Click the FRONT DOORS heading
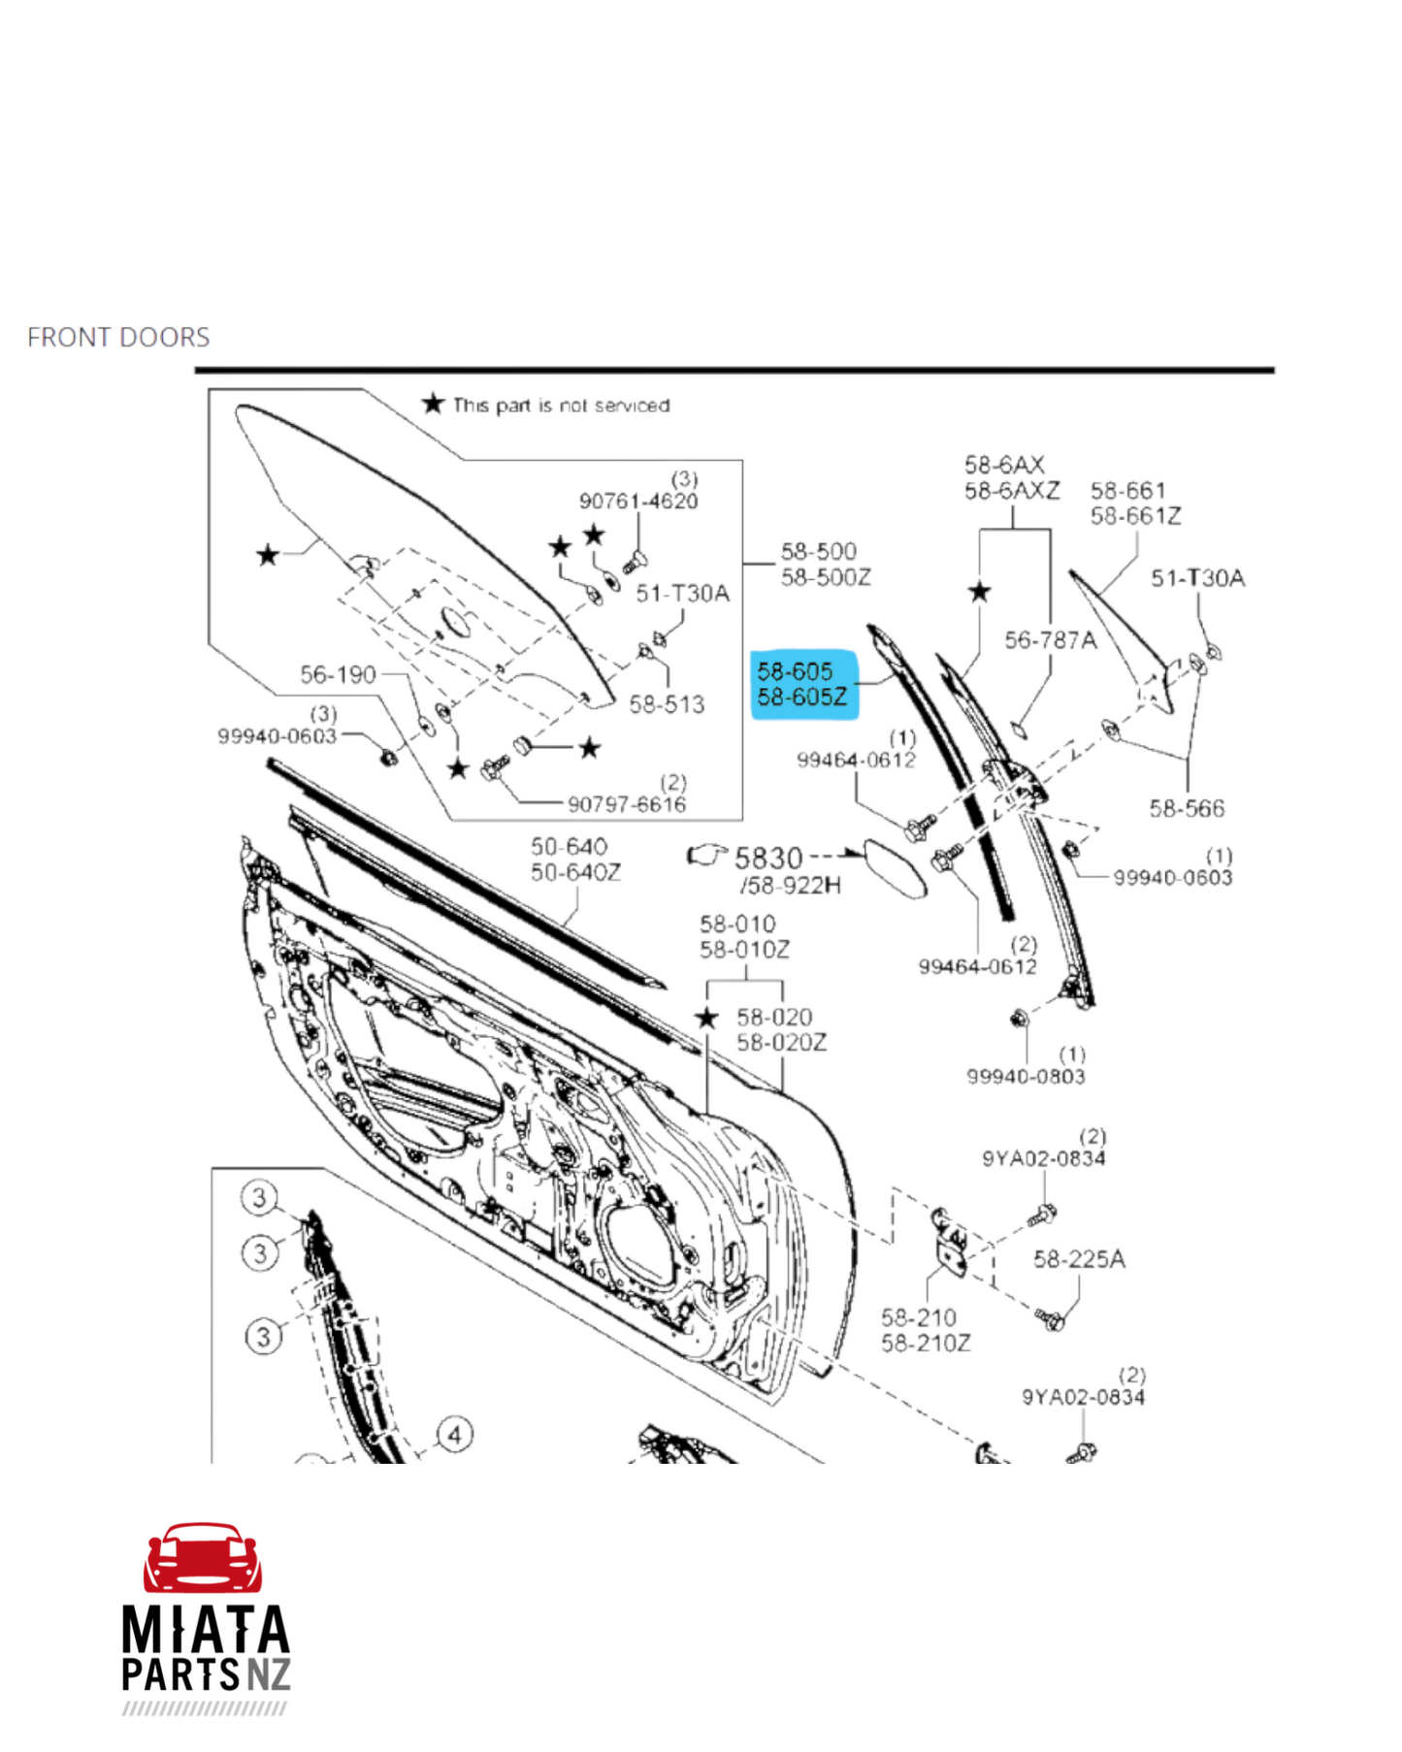click(x=118, y=337)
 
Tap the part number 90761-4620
click(x=638, y=501)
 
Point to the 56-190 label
click(x=338, y=674)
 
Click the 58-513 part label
click(x=667, y=704)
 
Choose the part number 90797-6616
click(x=627, y=804)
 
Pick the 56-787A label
click(x=1050, y=640)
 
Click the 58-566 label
click(x=1187, y=808)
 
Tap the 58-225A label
click(x=1079, y=1259)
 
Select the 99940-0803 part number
click(x=1026, y=1076)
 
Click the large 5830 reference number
click(x=768, y=859)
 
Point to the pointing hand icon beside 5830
click(x=706, y=855)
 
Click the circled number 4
click(x=455, y=1434)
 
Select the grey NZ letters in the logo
click(x=268, y=1675)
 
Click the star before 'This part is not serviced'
click(x=433, y=404)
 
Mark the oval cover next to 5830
click(x=895, y=869)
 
